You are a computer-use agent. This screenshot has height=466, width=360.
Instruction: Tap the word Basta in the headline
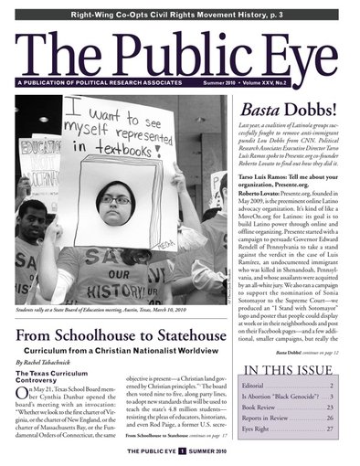(257, 112)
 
